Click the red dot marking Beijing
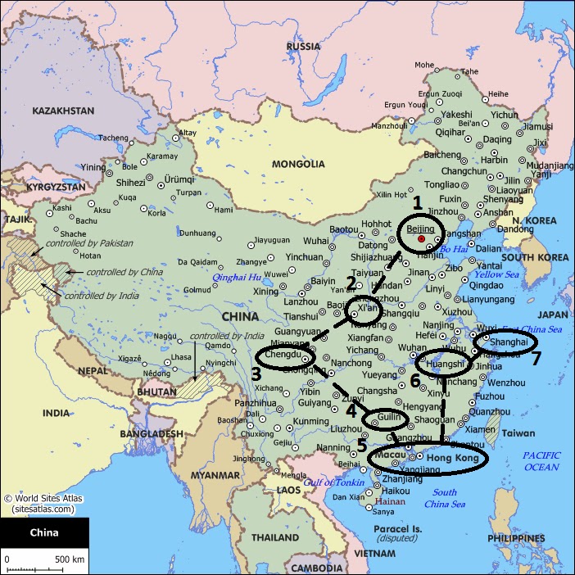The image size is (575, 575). pyautogui.click(x=421, y=239)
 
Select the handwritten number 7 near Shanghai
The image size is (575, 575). pyautogui.click(x=537, y=359)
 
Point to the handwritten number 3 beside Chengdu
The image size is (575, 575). pyautogui.click(x=256, y=374)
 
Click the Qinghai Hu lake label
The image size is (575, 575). pyautogui.click(x=238, y=278)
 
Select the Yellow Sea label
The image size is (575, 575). pyautogui.click(x=495, y=275)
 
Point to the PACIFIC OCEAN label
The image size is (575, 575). pyautogui.click(x=542, y=460)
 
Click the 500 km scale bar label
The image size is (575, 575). pyautogui.click(x=69, y=559)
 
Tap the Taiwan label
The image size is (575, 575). pyautogui.click(x=518, y=433)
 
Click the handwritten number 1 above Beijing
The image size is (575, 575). pyautogui.click(x=416, y=202)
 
